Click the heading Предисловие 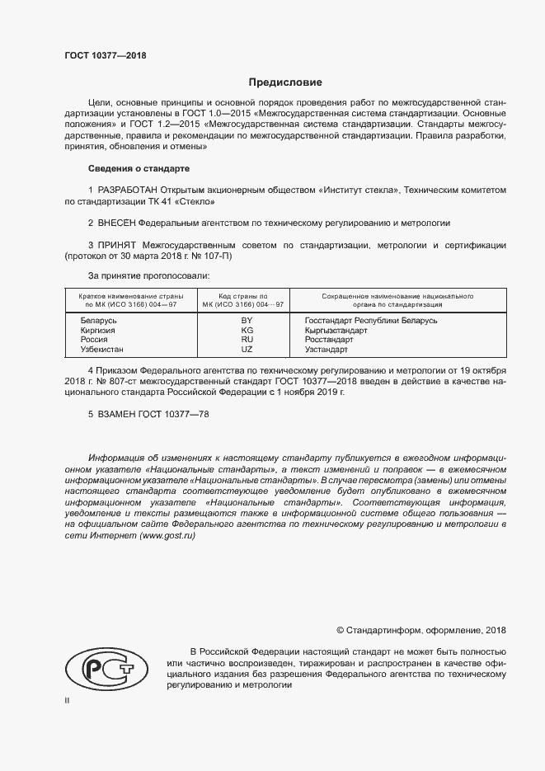click(x=285, y=82)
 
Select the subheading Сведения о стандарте click(x=139, y=168)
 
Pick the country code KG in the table click(x=246, y=330)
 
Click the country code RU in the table click(x=246, y=340)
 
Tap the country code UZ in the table click(x=246, y=350)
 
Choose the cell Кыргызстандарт click(x=336, y=330)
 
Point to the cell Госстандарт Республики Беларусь click(x=370, y=319)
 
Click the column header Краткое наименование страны click(x=131, y=294)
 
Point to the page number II click(x=68, y=699)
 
